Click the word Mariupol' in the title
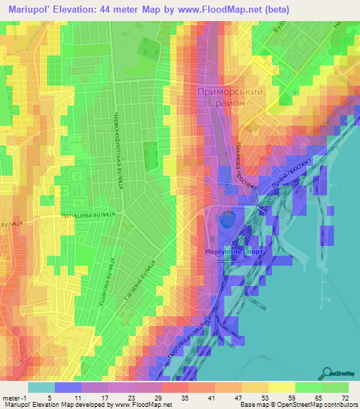[29, 9]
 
